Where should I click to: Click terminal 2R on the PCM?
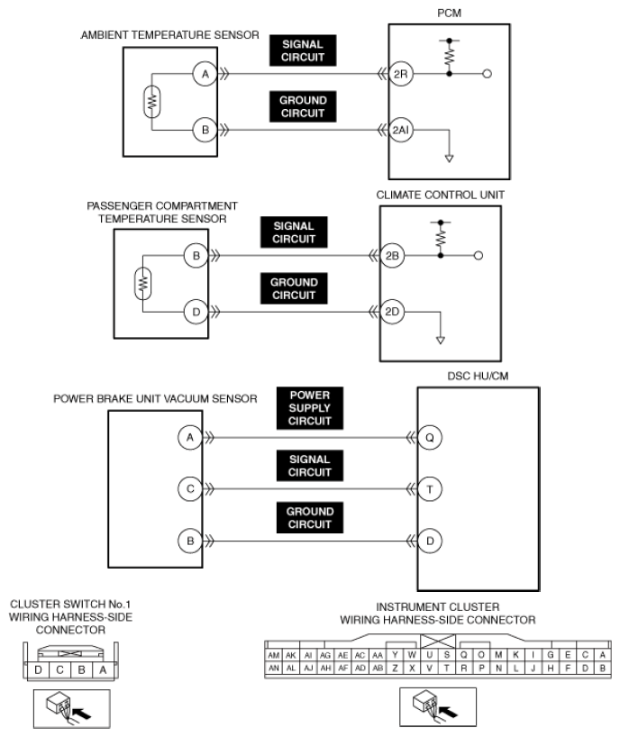click(401, 76)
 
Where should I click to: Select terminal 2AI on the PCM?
click(401, 130)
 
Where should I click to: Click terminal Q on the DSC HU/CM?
click(431, 437)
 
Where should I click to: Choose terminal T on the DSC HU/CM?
click(431, 489)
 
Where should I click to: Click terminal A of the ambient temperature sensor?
click(205, 76)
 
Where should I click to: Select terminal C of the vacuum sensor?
click(190, 489)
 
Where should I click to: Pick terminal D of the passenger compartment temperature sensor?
click(196, 313)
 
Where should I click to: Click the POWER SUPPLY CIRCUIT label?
click(310, 408)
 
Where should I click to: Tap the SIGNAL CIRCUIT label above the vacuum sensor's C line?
click(310, 465)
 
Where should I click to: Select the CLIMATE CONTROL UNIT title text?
click(440, 194)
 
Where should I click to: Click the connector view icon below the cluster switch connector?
click(71, 707)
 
